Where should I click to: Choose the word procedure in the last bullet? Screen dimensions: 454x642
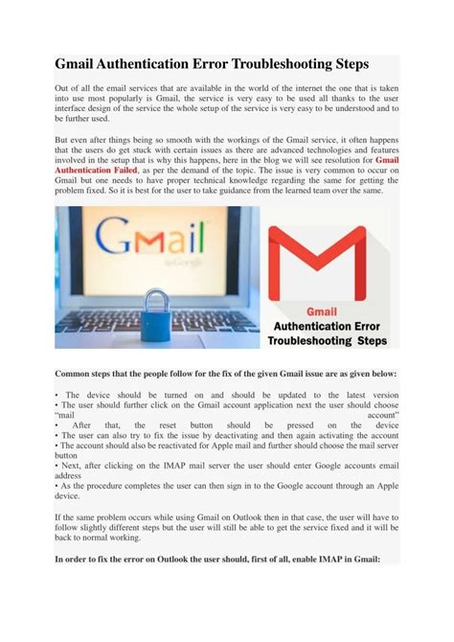(97, 488)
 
